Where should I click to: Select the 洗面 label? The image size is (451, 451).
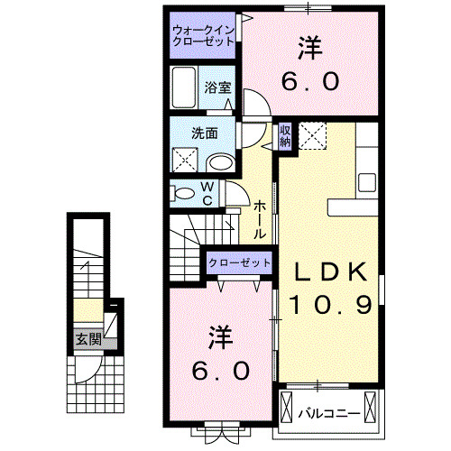click(204, 133)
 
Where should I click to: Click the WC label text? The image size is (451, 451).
click(207, 192)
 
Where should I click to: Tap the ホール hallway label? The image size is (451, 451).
click(260, 218)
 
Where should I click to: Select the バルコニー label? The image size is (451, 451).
click(330, 414)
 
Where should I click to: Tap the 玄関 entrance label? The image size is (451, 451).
click(87, 340)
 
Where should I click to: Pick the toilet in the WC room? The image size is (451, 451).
click(183, 192)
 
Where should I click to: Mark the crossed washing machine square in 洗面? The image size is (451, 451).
click(187, 161)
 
